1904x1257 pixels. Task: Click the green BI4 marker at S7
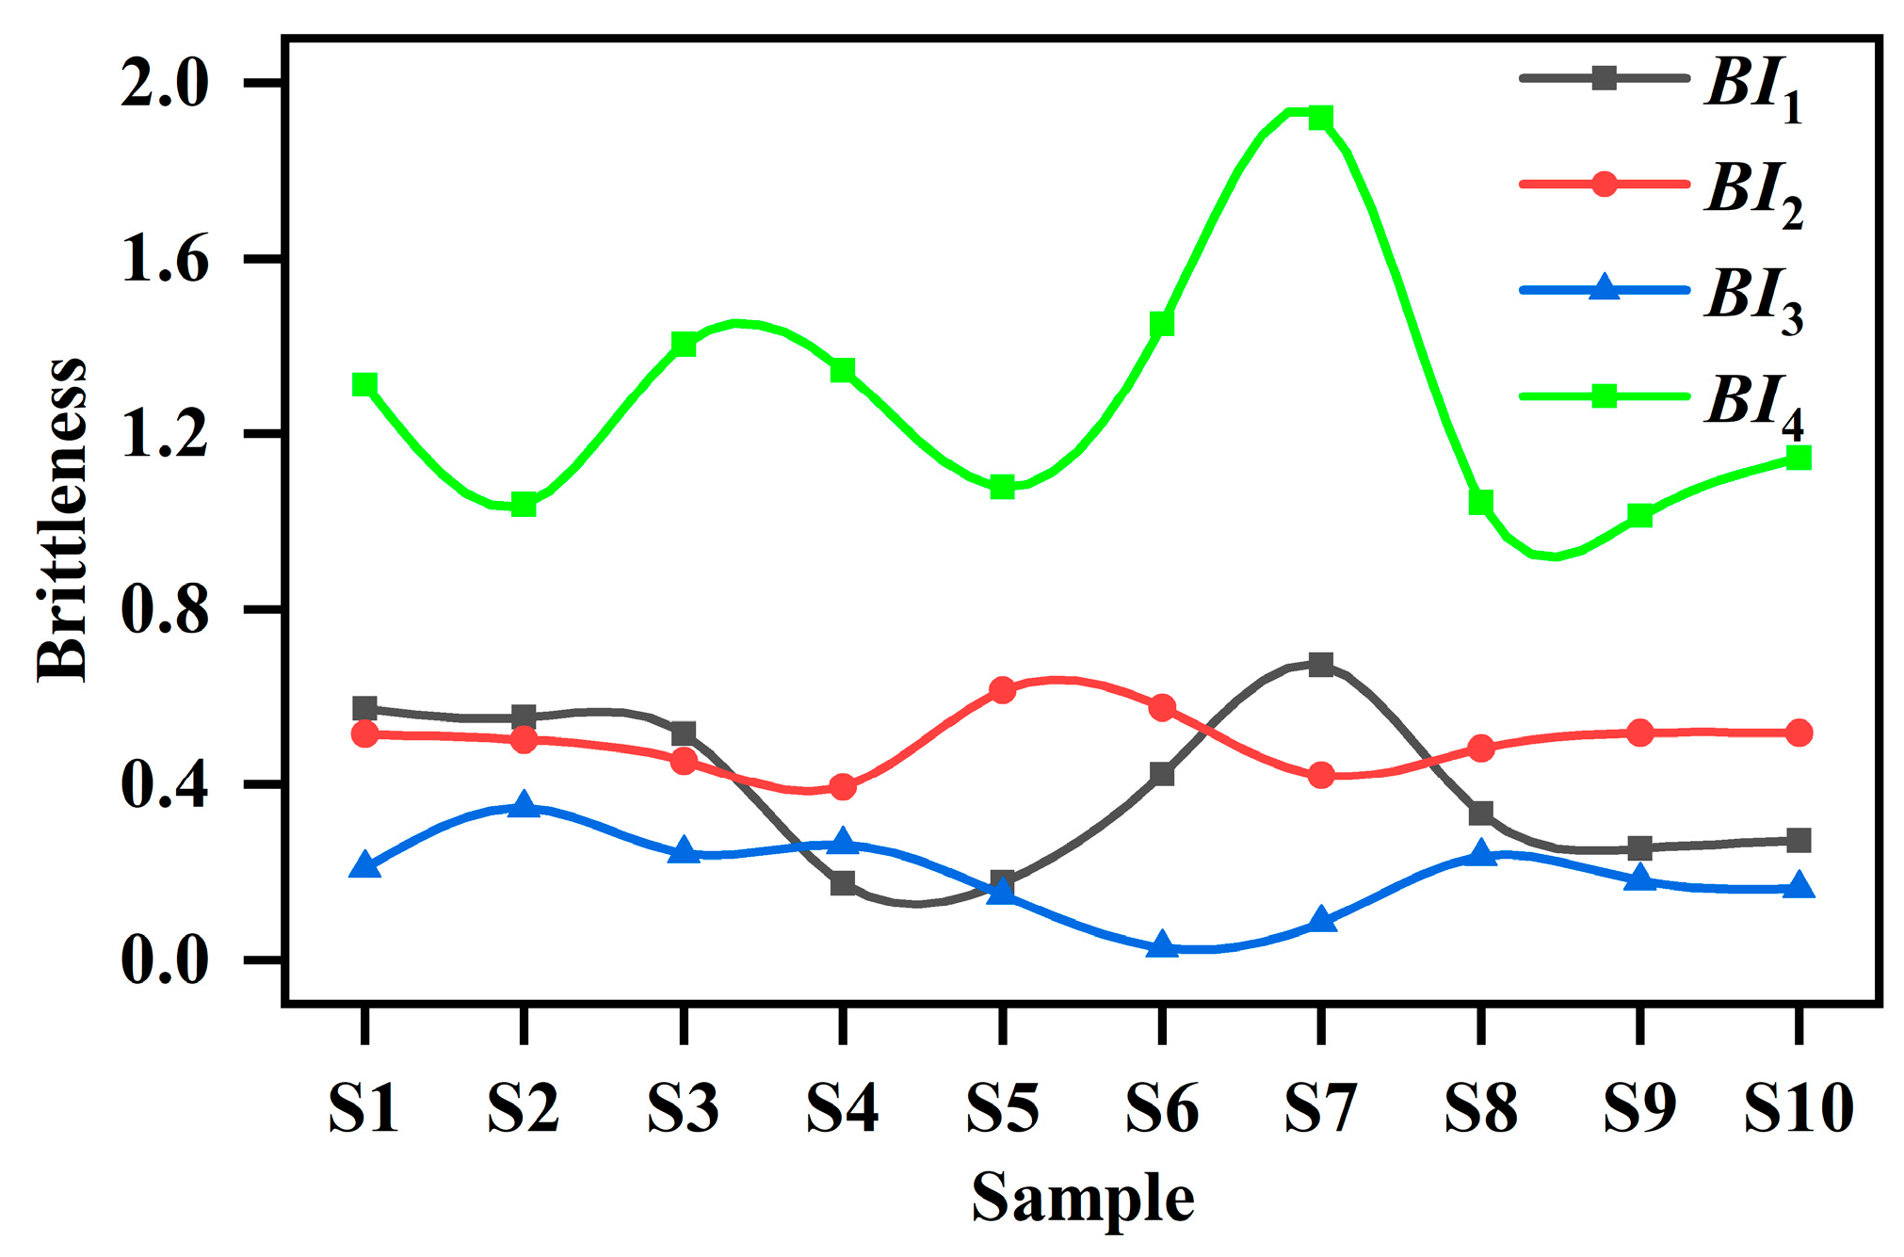(1321, 118)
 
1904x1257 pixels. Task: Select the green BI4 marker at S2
(524, 505)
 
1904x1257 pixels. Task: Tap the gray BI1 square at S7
(1321, 665)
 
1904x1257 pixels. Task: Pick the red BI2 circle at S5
(1003, 690)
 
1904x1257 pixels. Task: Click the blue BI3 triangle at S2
(524, 806)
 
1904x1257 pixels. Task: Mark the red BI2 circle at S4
(843, 786)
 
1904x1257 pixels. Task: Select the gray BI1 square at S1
(364, 709)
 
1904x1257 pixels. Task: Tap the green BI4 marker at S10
(1799, 459)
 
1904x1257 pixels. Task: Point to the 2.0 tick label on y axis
(164, 85)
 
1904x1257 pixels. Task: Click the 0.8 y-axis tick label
(164, 610)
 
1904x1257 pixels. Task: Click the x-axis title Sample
(1083, 1198)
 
